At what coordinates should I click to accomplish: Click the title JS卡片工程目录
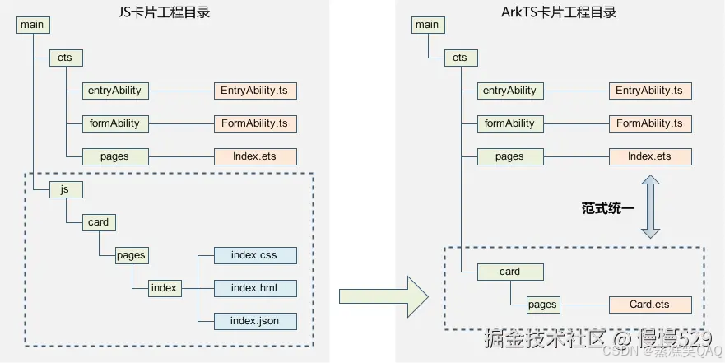click(x=164, y=12)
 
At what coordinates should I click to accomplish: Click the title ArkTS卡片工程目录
click(x=559, y=12)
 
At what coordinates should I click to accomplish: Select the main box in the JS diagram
click(x=33, y=25)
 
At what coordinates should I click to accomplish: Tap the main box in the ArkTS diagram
click(x=427, y=25)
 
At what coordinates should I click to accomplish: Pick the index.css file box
click(x=254, y=255)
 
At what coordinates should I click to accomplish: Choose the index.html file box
click(x=254, y=288)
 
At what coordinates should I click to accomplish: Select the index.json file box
click(x=254, y=321)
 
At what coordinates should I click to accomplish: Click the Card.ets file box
click(x=649, y=305)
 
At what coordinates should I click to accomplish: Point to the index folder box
click(x=164, y=288)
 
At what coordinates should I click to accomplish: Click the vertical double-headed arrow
click(x=650, y=207)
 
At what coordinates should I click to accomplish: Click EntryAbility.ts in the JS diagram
click(x=254, y=91)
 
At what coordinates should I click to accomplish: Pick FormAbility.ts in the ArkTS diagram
click(x=649, y=123)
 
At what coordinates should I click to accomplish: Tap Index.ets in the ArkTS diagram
click(x=649, y=156)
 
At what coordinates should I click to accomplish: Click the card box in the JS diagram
click(x=98, y=222)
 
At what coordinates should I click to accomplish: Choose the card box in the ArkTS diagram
click(x=509, y=272)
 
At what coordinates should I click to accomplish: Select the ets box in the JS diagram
click(x=66, y=58)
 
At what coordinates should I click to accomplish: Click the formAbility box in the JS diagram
click(x=114, y=123)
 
